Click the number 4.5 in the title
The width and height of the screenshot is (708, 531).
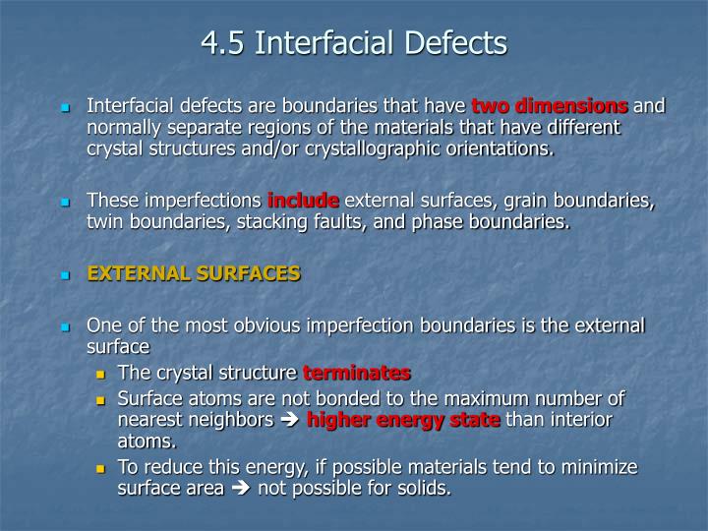pos(222,43)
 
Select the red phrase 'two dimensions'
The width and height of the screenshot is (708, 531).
pos(550,105)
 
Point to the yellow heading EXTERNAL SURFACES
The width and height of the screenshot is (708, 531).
pos(194,274)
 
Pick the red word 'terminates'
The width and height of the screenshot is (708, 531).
pos(356,373)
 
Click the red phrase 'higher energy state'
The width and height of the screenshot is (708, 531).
pos(404,420)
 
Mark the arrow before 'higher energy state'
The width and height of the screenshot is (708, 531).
pos(291,421)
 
